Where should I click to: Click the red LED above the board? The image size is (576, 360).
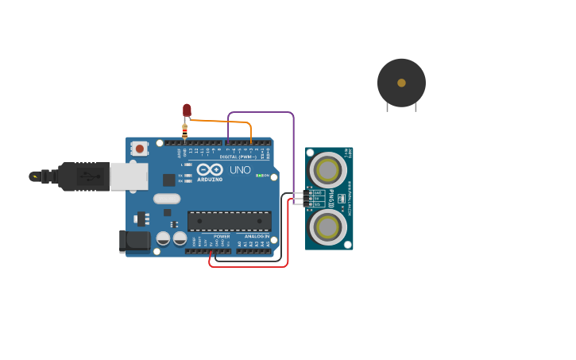(x=187, y=110)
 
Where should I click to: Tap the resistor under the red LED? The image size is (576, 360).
(x=184, y=130)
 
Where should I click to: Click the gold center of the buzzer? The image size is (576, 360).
(x=401, y=83)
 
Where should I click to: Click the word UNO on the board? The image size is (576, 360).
(x=240, y=169)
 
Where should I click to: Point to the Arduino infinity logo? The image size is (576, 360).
(x=210, y=169)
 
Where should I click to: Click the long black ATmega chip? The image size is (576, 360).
(x=229, y=221)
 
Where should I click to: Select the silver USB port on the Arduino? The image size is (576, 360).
(x=128, y=176)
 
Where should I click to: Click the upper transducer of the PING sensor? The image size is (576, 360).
(x=327, y=169)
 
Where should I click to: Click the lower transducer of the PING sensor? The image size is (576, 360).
(x=327, y=227)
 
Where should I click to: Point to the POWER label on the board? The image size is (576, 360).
(x=222, y=236)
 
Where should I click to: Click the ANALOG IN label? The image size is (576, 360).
(x=257, y=236)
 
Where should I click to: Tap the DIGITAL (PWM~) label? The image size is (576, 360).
(x=238, y=157)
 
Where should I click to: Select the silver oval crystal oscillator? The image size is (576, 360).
(x=167, y=199)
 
